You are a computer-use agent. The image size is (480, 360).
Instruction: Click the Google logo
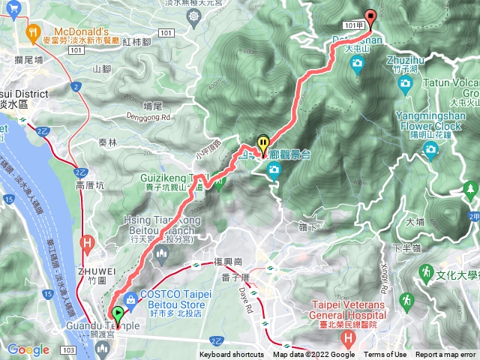[28, 349]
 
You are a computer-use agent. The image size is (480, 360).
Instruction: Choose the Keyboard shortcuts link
[232, 355]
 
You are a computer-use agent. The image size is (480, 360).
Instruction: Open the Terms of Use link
[385, 355]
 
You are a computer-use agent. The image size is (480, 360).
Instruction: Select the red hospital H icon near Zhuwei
[87, 242]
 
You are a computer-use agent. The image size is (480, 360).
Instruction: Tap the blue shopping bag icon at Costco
[130, 299]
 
